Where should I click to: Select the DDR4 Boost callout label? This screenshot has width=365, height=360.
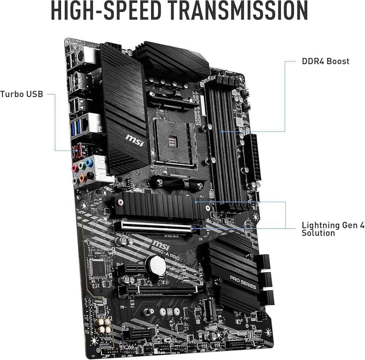coord(325,61)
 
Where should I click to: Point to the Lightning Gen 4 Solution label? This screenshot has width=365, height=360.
coord(333,229)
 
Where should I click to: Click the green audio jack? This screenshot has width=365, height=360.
coord(82,165)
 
